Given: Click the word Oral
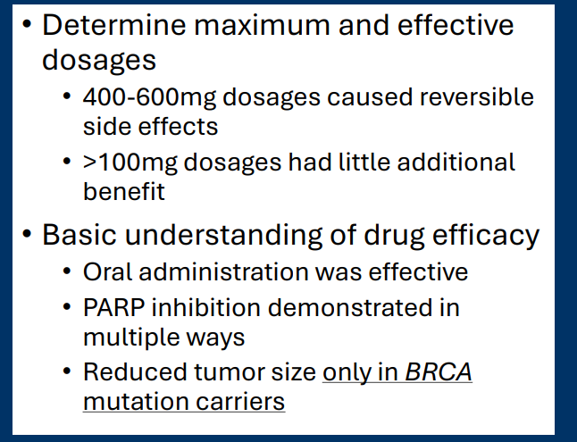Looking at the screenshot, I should pyautogui.click(x=105, y=272).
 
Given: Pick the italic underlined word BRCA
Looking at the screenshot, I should pyautogui.click(x=438, y=371).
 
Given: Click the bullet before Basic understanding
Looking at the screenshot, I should pyautogui.click(x=29, y=235).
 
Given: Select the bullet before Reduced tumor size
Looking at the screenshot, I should pyautogui.click(x=69, y=371).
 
